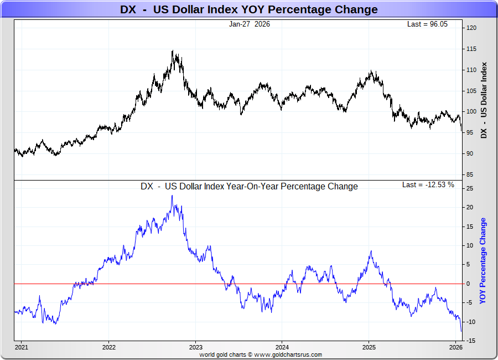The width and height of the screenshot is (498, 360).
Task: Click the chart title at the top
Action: tap(249, 9)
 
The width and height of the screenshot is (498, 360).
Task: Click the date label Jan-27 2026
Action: tap(249, 24)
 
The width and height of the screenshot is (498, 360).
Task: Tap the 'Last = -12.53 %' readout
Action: tap(428, 184)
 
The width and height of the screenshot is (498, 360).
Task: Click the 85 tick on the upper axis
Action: tap(470, 174)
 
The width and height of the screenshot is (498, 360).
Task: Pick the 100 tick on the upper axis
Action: tap(472, 111)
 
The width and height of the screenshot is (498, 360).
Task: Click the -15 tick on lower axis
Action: tap(470, 341)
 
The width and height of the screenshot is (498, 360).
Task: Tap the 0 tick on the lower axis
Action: tap(468, 284)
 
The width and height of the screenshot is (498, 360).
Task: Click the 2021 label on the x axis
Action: tap(22, 347)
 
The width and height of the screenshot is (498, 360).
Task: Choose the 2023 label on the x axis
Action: tap(195, 347)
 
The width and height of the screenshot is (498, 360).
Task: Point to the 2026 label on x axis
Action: tap(456, 347)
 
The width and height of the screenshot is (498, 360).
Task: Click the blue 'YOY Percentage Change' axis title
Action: tap(483, 261)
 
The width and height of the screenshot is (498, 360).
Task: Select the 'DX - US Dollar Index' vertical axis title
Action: tap(484, 100)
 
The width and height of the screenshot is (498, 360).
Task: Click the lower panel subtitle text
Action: tap(249, 187)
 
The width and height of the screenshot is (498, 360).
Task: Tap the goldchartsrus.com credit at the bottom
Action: tap(261, 354)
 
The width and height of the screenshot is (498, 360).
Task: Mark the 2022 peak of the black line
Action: tap(173, 52)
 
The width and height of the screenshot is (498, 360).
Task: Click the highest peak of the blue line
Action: tap(172, 196)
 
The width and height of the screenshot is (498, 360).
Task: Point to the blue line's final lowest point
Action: tap(461, 331)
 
